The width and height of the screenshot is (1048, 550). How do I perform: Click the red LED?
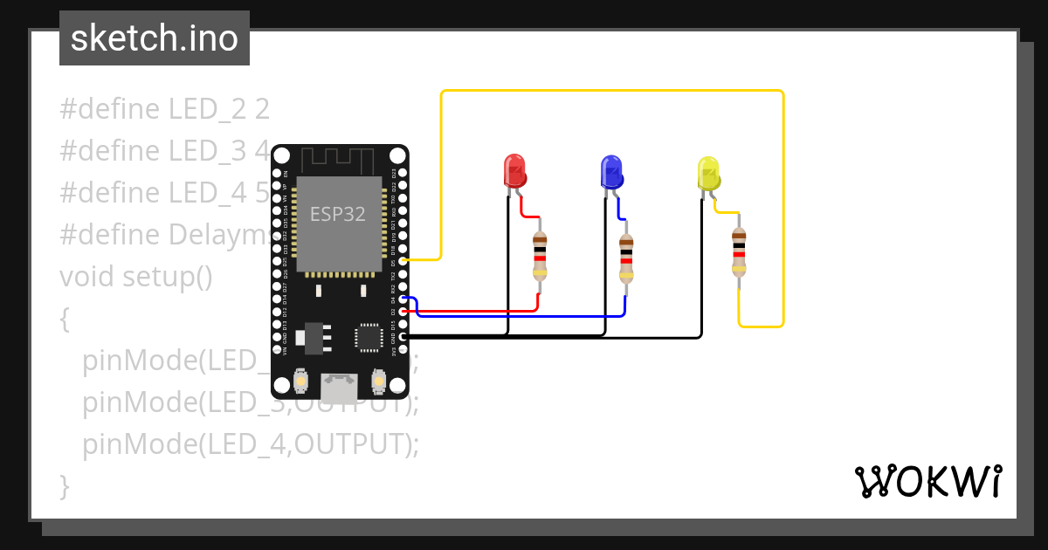(x=514, y=170)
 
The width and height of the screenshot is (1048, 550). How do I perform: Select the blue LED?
(x=611, y=171)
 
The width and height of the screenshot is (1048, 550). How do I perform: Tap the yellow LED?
(x=708, y=173)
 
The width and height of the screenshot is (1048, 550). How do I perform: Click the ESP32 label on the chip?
(x=338, y=214)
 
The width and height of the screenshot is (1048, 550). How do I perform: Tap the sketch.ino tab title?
(x=155, y=38)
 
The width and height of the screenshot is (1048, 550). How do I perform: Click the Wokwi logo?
(x=927, y=481)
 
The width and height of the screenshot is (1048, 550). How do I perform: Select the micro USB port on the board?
(x=339, y=383)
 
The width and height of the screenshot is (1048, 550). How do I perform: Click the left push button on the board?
(x=300, y=381)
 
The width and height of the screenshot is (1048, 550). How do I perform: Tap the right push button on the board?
(x=378, y=381)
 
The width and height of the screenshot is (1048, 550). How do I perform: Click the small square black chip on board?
(x=369, y=337)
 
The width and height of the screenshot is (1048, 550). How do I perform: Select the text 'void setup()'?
(x=135, y=277)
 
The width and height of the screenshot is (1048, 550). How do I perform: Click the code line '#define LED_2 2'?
(x=164, y=109)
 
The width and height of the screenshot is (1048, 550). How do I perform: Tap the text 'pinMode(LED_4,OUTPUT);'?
(x=251, y=444)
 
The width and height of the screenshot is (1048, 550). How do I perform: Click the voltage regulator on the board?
(x=312, y=337)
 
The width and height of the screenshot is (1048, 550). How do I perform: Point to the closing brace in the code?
(x=64, y=486)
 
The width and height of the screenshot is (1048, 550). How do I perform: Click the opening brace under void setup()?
(x=64, y=319)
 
